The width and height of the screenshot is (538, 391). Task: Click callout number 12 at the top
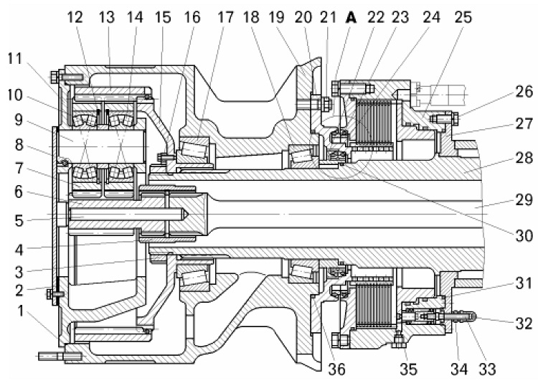75,17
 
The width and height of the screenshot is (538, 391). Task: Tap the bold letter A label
351,17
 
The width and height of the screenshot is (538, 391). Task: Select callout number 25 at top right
463,17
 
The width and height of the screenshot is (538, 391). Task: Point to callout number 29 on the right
524,199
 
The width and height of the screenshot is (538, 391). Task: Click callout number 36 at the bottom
336,369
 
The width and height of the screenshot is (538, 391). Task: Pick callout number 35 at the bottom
408,369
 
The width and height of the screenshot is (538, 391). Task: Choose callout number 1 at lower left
21,311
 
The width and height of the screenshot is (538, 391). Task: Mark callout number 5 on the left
19,220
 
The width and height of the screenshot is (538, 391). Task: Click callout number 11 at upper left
15,59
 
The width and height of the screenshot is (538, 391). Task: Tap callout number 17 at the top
225,17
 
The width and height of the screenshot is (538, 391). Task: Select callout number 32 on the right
524,323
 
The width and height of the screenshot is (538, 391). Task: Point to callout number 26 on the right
524,92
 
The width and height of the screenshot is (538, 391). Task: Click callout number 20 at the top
303,17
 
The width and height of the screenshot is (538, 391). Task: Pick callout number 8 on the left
19,144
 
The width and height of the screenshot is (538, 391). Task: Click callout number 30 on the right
524,236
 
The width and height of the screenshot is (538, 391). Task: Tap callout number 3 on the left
19,271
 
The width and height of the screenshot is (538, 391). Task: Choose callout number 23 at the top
400,17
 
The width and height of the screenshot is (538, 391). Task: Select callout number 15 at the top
163,17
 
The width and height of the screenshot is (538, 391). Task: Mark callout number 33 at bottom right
487,369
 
